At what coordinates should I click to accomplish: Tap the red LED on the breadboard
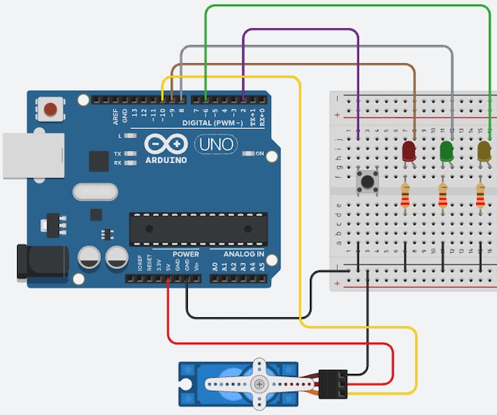pyautogui.click(x=409, y=151)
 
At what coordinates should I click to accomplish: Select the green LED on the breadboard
pyautogui.click(x=447, y=151)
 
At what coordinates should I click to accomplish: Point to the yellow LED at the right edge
pyautogui.click(x=485, y=151)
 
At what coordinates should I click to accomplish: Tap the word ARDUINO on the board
pyautogui.click(x=165, y=160)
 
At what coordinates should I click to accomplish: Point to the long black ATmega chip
pyautogui.click(x=192, y=226)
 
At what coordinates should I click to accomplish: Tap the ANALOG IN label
pyautogui.click(x=244, y=254)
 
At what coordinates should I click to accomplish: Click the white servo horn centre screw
pyautogui.click(x=259, y=383)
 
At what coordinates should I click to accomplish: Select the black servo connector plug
pyautogui.click(x=335, y=382)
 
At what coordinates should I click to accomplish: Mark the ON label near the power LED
pyautogui.click(x=259, y=153)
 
